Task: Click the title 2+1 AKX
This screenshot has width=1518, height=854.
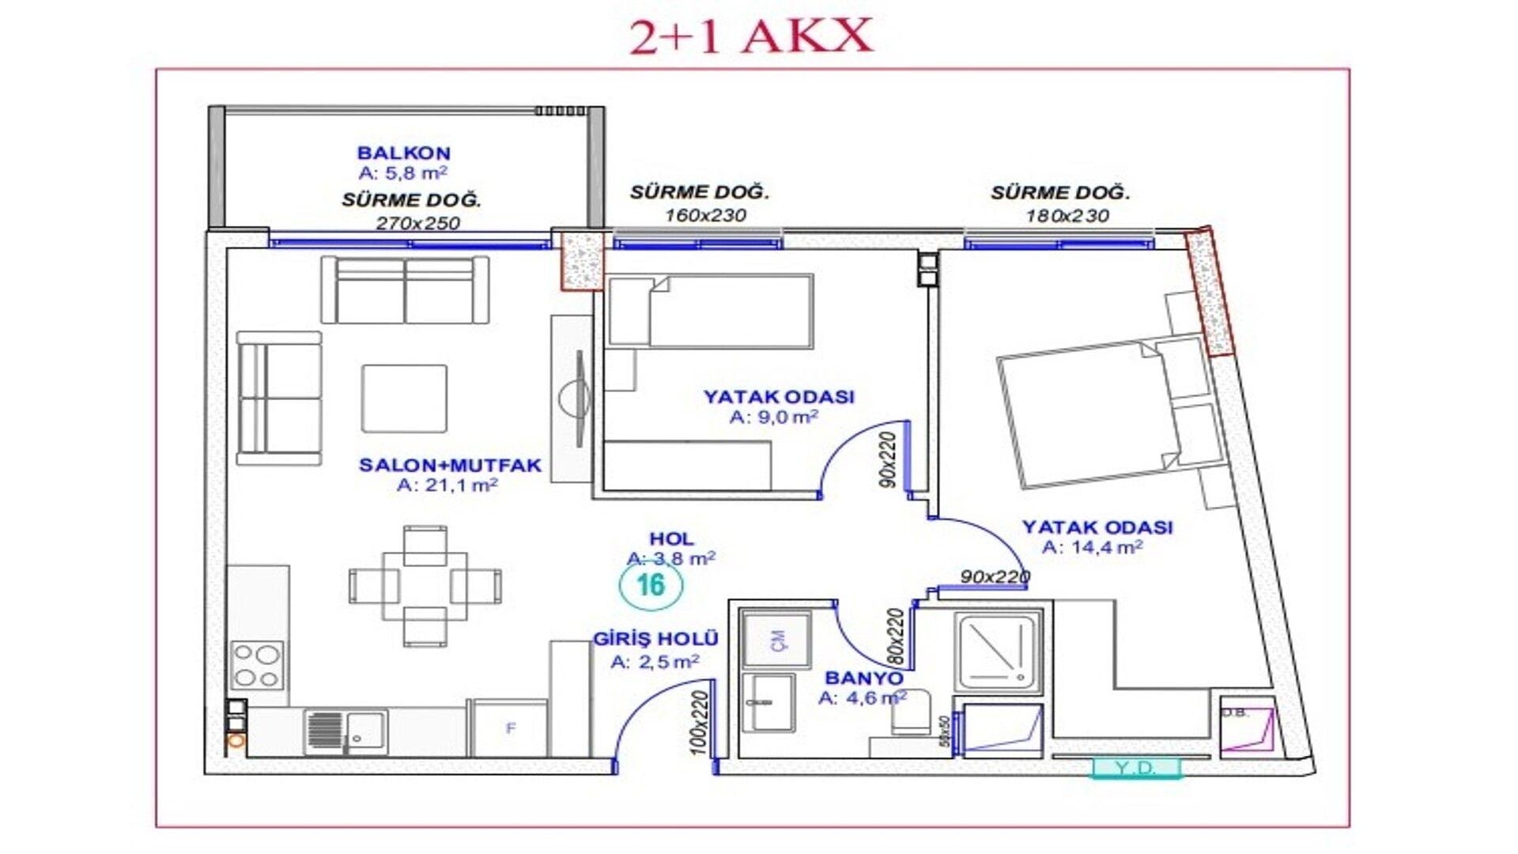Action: (x=751, y=36)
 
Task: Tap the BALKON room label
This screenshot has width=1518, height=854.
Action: (x=403, y=153)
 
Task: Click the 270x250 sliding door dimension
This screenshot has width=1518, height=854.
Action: (x=417, y=223)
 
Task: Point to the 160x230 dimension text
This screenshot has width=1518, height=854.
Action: (x=705, y=215)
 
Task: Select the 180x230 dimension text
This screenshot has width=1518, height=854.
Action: (x=1067, y=216)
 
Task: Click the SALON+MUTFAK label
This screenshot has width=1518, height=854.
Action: (x=450, y=465)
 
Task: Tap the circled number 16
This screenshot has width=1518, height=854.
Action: (x=651, y=585)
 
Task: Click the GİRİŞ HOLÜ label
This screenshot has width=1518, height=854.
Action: (x=655, y=639)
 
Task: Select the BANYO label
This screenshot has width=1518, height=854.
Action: (x=863, y=678)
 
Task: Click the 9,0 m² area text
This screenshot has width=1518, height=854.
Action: (x=773, y=418)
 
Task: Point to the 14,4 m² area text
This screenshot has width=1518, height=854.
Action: (x=1092, y=547)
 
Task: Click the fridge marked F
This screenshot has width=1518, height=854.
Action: (x=510, y=728)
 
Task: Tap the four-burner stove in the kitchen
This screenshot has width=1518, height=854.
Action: (x=257, y=665)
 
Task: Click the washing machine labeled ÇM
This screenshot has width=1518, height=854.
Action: (x=776, y=640)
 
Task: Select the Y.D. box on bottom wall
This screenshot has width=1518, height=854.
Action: (x=1135, y=768)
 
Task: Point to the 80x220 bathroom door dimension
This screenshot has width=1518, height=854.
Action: (x=895, y=636)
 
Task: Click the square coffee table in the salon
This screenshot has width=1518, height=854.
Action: (x=404, y=399)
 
